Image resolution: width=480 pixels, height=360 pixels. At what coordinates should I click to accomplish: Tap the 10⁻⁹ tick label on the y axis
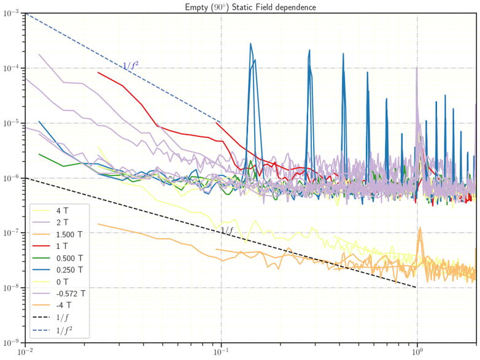[x=12, y=343]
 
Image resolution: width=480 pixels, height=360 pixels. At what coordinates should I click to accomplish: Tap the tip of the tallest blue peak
[x=251, y=44]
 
